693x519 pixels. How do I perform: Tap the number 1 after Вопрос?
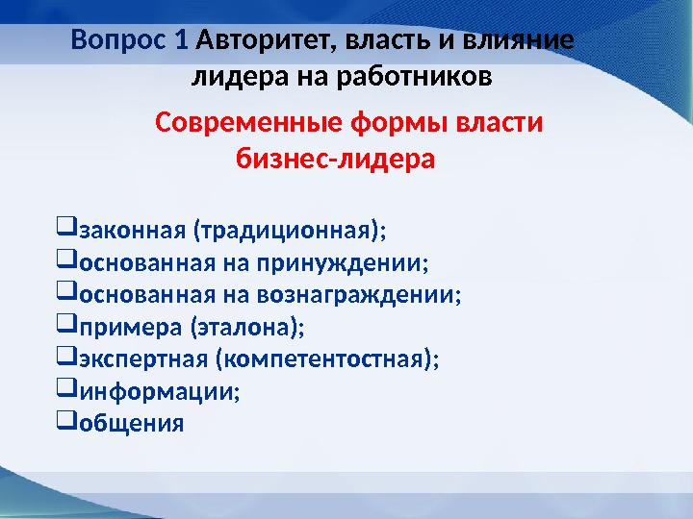[x=182, y=42]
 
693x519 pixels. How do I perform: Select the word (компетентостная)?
[x=325, y=360]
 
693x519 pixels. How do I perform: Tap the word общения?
[x=131, y=424]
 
